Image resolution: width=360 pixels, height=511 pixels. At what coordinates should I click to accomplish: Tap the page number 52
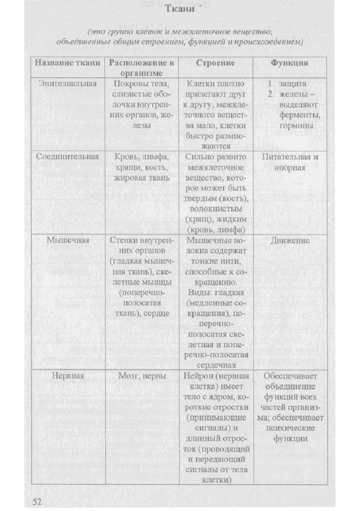[x=37, y=501]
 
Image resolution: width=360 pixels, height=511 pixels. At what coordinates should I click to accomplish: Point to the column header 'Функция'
[x=289, y=63]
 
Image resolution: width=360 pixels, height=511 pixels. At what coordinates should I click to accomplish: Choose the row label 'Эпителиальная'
[x=67, y=83]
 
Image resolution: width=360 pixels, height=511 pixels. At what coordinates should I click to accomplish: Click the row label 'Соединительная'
[x=67, y=157]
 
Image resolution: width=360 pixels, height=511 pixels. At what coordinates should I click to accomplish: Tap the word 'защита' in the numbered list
[x=293, y=83]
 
